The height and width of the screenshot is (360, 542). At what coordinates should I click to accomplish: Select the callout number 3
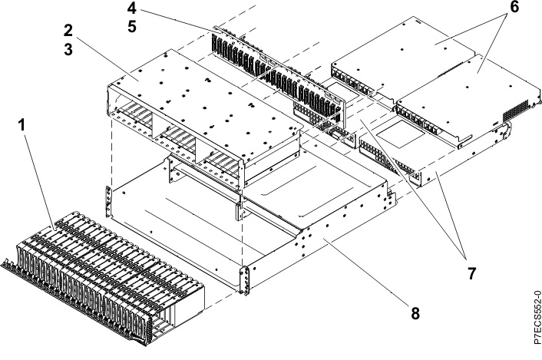click(68, 52)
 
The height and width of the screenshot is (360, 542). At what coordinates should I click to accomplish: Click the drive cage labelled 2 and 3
click(200, 115)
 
